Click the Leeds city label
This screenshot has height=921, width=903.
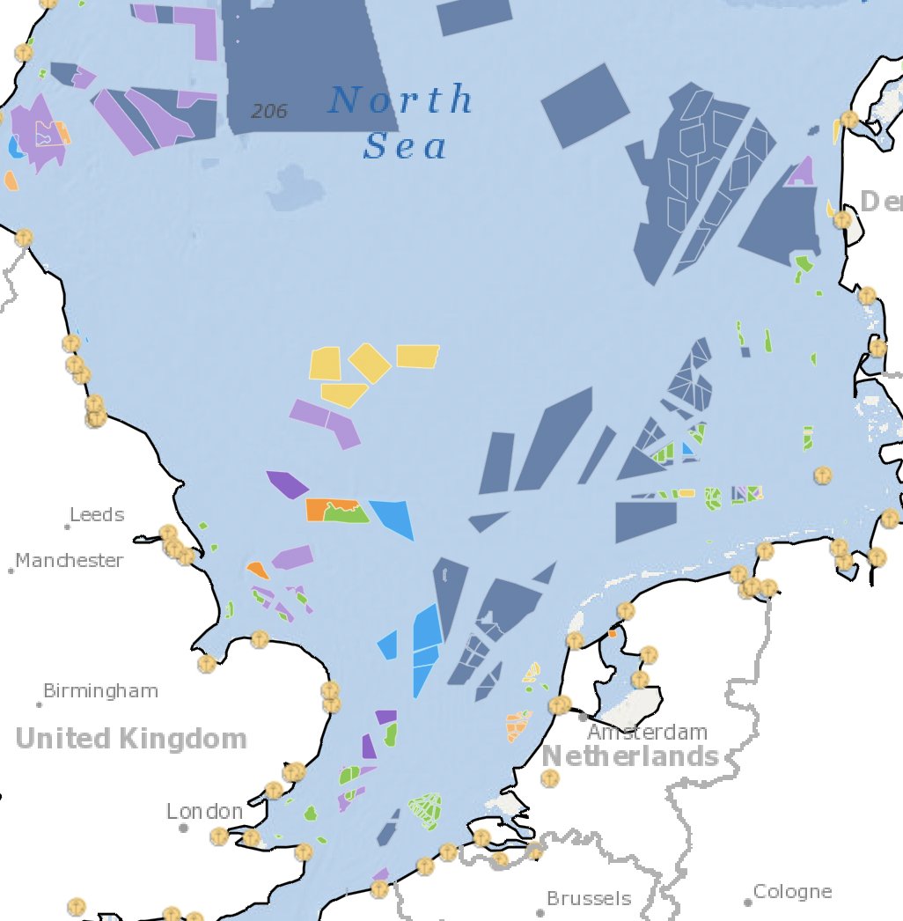(97, 515)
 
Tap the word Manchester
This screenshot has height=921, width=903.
(70, 561)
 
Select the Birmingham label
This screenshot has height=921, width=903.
(101, 691)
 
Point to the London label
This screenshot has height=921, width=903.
(205, 812)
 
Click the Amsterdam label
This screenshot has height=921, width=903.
(648, 733)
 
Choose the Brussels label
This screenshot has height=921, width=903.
(589, 899)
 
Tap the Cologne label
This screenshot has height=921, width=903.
(792, 892)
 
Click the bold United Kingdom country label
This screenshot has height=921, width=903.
(131, 739)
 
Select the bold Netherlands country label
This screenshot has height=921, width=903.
(630, 756)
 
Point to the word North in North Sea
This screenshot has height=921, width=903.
(400, 100)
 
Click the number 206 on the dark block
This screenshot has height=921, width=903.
(268, 112)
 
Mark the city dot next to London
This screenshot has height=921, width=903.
(183, 828)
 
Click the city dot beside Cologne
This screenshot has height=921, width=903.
(747, 903)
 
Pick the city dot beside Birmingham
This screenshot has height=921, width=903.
(40, 704)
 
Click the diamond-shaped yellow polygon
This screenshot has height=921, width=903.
(370, 362)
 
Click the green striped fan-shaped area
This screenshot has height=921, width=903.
(426, 810)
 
